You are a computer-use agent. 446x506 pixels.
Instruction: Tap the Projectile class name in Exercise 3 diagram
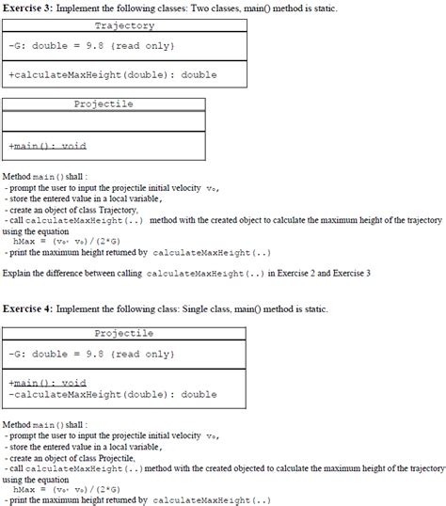coord(104,103)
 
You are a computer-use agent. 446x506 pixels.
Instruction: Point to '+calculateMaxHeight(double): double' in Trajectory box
coord(112,74)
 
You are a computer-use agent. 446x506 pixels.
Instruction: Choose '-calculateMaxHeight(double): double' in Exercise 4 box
coord(112,394)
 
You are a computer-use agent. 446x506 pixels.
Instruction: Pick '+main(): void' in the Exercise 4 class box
coord(46,383)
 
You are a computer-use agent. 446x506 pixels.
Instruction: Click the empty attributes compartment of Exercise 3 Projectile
coord(104,121)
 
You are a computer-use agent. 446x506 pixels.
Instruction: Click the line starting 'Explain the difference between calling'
coord(188,273)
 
